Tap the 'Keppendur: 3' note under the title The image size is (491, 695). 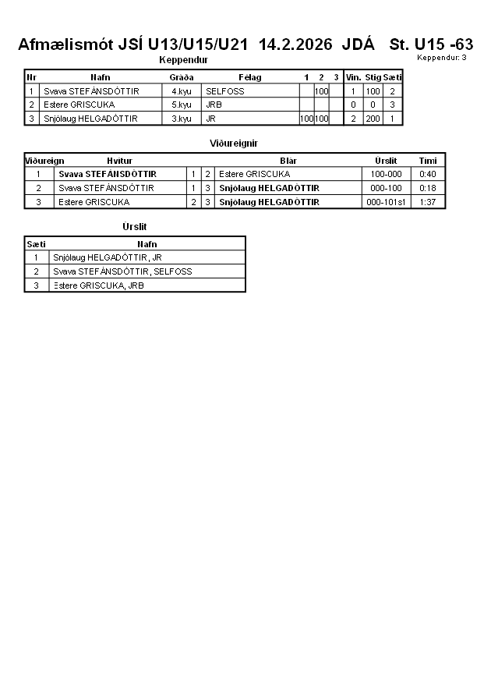pyautogui.click(x=442, y=58)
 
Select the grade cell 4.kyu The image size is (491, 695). pyautogui.click(x=182, y=91)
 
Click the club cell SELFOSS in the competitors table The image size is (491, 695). pyautogui.click(x=225, y=91)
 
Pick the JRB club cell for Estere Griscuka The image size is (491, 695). pyautogui.click(x=214, y=105)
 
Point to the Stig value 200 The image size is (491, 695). pyautogui.click(x=373, y=119)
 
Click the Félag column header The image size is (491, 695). pyautogui.click(x=249, y=77)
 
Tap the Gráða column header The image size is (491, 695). pyautogui.click(x=182, y=77)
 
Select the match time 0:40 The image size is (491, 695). pyautogui.click(x=428, y=174)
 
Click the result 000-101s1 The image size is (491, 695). pyautogui.click(x=386, y=202)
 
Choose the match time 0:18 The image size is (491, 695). pyautogui.click(x=428, y=188)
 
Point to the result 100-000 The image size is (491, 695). pyautogui.click(x=386, y=174)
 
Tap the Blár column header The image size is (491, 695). pyautogui.click(x=288, y=161)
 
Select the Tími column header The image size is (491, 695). pyautogui.click(x=428, y=161)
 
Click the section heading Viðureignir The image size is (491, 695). pyautogui.click(x=234, y=144)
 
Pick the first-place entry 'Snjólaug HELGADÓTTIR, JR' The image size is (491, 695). pyautogui.click(x=107, y=257)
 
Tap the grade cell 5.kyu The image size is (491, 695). pyautogui.click(x=182, y=105)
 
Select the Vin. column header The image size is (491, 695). pyautogui.click(x=353, y=77)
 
